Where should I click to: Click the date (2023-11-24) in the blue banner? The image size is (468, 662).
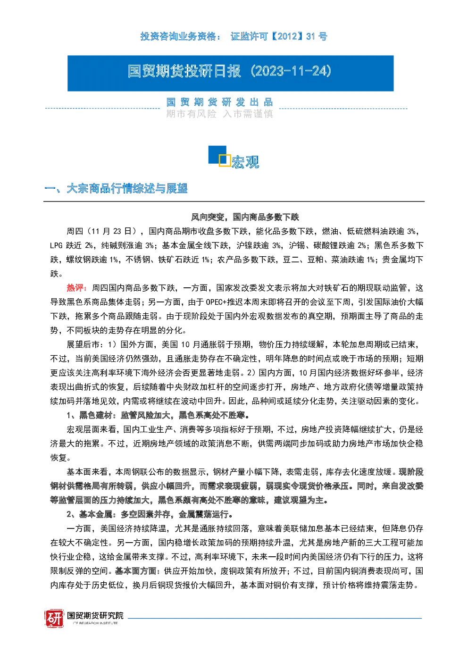click(x=291, y=71)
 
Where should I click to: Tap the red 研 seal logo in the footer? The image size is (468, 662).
click(x=54, y=618)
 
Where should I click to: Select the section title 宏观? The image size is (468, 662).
click(x=245, y=162)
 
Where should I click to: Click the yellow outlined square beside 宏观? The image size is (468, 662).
click(x=225, y=160)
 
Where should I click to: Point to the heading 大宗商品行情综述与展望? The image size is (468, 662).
click(x=127, y=188)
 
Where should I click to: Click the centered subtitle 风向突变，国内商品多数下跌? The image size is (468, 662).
click(x=245, y=217)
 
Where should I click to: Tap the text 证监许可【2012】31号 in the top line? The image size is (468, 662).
click(x=279, y=37)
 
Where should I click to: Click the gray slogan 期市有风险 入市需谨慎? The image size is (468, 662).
click(x=219, y=114)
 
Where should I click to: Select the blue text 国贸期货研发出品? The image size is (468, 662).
click(x=219, y=102)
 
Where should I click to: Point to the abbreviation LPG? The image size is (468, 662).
click(x=56, y=245)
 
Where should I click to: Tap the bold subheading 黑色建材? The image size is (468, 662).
click(x=96, y=415)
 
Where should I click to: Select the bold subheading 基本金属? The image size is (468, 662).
click(x=95, y=514)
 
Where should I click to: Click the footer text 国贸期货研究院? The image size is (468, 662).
click(x=95, y=615)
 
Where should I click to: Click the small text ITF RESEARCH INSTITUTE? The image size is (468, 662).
click(x=95, y=623)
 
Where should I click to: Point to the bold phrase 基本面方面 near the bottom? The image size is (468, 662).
click(x=135, y=571)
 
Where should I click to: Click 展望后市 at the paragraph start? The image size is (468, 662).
click(x=83, y=344)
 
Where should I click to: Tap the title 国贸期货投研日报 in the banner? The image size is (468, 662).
click(x=184, y=71)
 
